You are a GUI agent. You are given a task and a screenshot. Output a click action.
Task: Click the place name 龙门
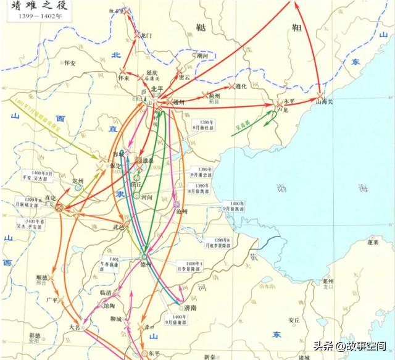tap(146, 35)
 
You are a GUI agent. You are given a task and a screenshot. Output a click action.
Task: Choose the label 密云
tap(185, 78)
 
